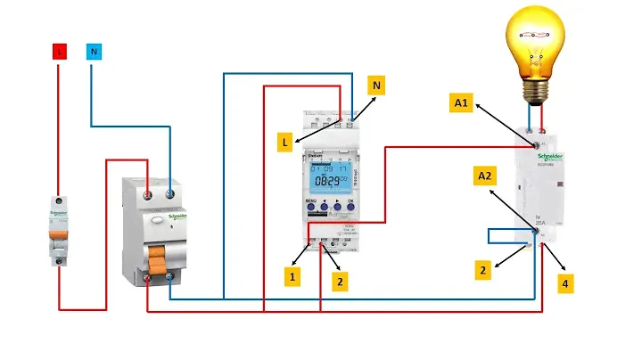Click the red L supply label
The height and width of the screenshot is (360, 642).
point(60,52)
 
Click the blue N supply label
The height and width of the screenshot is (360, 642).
point(93,52)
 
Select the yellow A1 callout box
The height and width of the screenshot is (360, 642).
point(462,103)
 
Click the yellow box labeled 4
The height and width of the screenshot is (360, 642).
point(565,284)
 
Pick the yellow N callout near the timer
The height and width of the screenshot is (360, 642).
point(377,86)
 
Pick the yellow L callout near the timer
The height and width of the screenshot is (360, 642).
point(283,142)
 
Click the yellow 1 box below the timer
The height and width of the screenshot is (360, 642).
point(291,277)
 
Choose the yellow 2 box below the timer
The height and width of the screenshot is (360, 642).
point(338,282)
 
